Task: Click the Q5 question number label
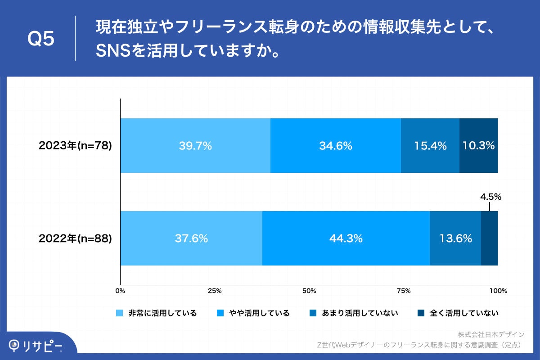(x=41, y=39)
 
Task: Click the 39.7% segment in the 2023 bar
(x=195, y=146)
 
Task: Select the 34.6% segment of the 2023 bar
(x=335, y=146)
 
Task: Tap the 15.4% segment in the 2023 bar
(x=430, y=146)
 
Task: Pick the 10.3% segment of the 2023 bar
(x=478, y=146)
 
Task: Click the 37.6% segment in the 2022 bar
(x=191, y=238)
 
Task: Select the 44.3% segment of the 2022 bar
(x=346, y=238)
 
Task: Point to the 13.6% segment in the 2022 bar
(x=455, y=238)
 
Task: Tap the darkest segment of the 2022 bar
(x=490, y=238)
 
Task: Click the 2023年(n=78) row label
(x=75, y=146)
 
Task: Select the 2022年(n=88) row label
(x=75, y=238)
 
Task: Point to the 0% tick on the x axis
(x=120, y=291)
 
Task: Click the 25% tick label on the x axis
(x=215, y=291)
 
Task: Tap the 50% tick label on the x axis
(x=309, y=291)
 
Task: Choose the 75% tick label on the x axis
(x=404, y=291)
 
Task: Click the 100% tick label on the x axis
(x=498, y=291)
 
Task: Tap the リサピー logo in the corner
(x=36, y=345)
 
